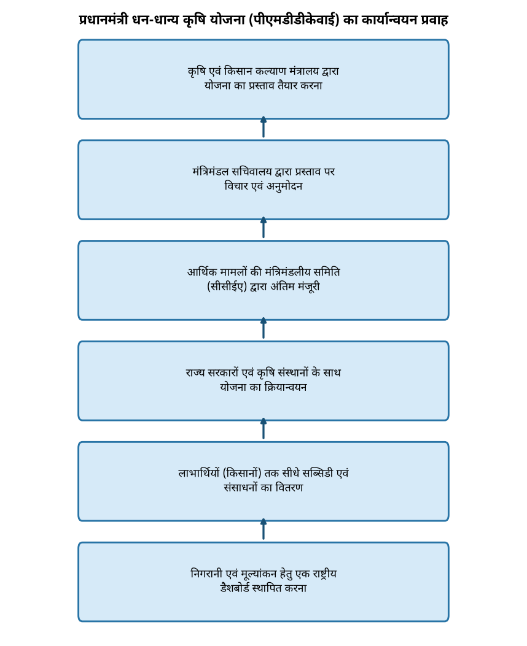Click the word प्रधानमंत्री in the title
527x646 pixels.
(x=104, y=20)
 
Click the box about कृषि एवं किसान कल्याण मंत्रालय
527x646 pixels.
(x=263, y=80)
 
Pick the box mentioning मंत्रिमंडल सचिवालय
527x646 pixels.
(x=263, y=180)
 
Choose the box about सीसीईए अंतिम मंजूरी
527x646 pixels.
(x=263, y=280)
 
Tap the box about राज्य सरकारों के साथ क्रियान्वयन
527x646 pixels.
(x=263, y=381)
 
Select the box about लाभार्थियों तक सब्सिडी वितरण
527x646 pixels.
(x=263, y=482)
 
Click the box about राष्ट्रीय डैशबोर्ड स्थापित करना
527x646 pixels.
(x=263, y=582)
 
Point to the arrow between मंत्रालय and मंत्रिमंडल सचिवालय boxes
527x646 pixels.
(x=263, y=127)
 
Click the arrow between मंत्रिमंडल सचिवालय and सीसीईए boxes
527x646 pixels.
(x=263, y=228)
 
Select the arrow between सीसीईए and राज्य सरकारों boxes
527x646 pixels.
(x=263, y=328)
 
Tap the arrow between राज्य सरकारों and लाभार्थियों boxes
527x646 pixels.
(x=263, y=428)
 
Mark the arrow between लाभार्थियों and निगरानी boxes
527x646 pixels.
(x=263, y=529)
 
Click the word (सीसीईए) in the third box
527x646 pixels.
(x=227, y=286)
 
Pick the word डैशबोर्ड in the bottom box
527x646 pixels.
(x=235, y=588)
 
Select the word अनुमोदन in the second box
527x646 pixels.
(x=284, y=186)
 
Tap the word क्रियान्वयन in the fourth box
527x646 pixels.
(x=286, y=387)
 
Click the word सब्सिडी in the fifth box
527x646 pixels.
(x=318, y=472)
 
